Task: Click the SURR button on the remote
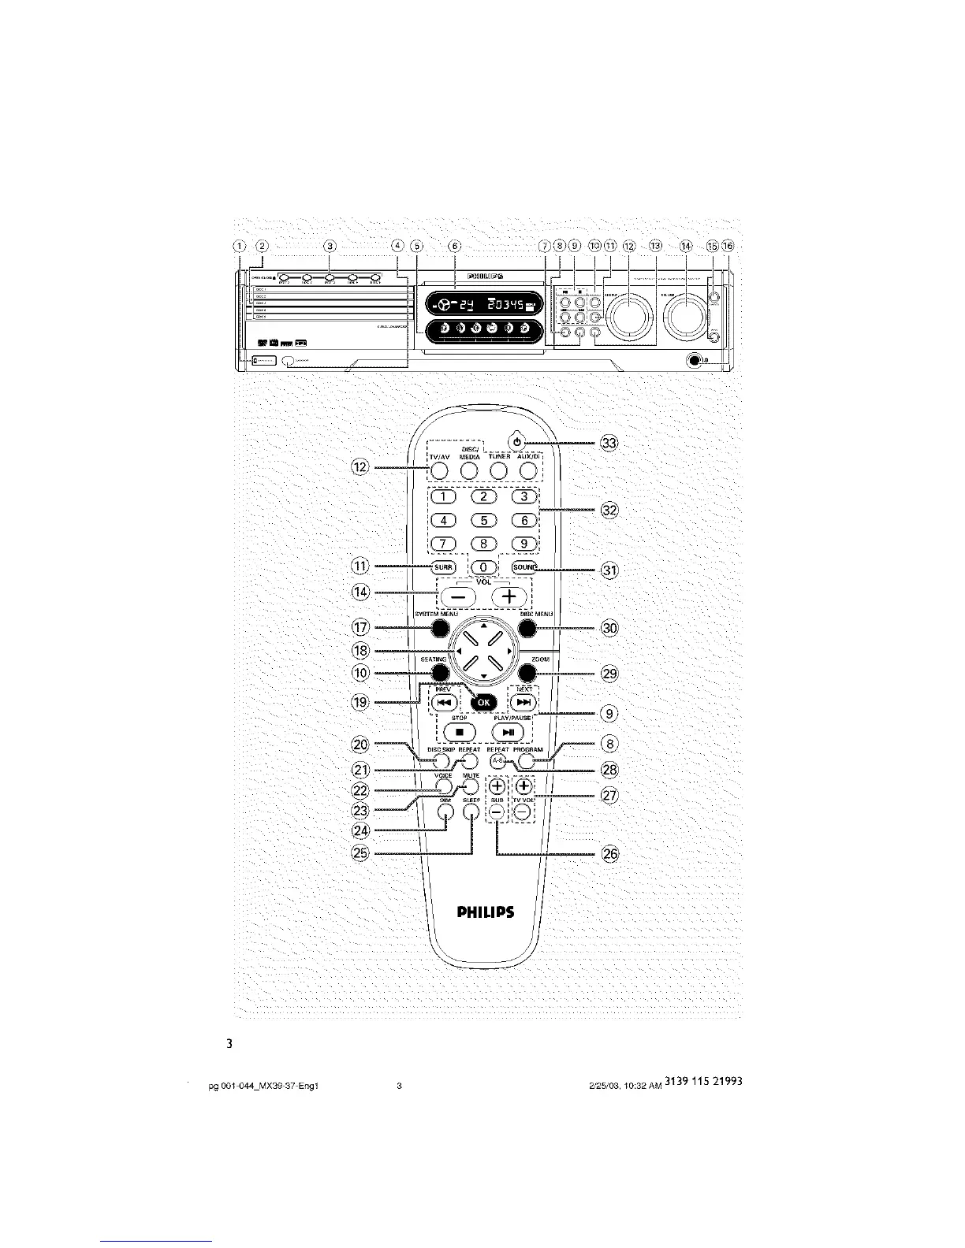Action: (x=442, y=567)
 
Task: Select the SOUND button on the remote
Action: (x=523, y=567)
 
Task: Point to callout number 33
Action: (x=609, y=444)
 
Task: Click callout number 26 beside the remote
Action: (x=609, y=853)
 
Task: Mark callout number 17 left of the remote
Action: (x=362, y=628)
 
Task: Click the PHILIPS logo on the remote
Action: (x=486, y=912)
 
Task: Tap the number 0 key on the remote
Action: (x=486, y=567)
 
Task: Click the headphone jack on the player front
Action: (x=694, y=362)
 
